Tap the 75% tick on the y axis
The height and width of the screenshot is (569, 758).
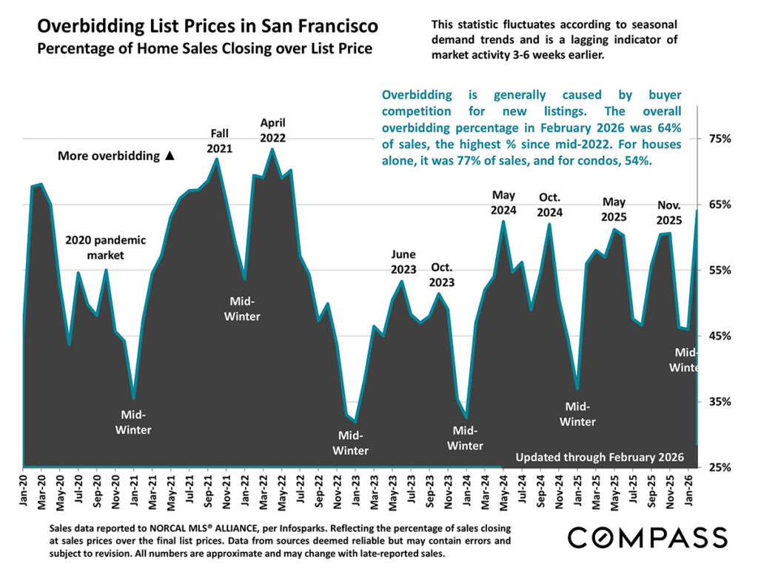[722, 139]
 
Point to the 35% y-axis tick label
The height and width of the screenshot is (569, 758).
[722, 402]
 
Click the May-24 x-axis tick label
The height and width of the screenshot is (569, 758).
[503, 493]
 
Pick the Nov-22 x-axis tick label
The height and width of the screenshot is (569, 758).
[337, 493]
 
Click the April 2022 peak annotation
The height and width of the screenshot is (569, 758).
[272, 130]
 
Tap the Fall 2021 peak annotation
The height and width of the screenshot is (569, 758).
[220, 140]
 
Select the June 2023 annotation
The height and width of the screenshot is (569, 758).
[404, 262]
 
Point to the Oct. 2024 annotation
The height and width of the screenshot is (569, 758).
[550, 204]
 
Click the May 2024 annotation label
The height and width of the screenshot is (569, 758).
[503, 202]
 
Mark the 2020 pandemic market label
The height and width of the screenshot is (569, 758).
[106, 247]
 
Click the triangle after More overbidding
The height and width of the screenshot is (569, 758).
[170, 156]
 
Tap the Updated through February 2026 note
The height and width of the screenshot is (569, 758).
[600, 456]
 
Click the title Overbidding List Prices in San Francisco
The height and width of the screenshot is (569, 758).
[207, 27]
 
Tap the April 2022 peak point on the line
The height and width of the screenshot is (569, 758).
[272, 150]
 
